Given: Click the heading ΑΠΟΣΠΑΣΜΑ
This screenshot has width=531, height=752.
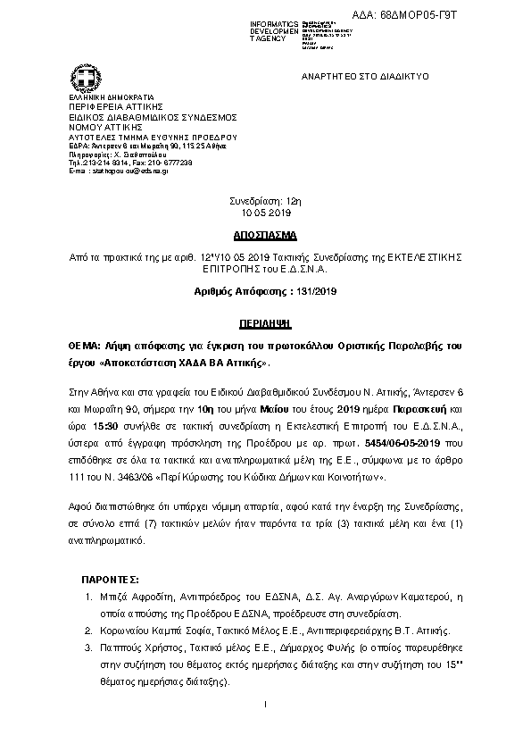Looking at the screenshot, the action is tap(265, 240).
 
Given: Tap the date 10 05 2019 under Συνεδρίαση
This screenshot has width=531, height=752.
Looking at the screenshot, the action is tap(266, 214).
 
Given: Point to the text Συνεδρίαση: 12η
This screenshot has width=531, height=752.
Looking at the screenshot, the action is tap(266, 203).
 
